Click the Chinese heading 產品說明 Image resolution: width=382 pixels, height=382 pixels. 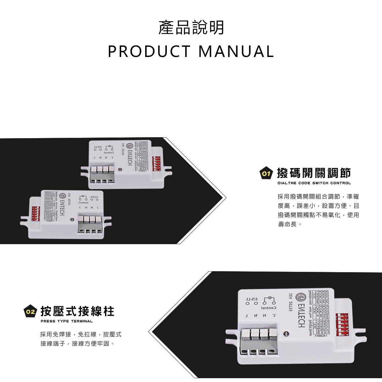click(191, 28)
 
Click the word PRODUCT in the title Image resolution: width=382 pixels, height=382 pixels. click(149, 52)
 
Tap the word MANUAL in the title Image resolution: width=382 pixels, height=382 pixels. click(236, 52)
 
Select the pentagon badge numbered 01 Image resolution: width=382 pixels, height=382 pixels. click(266, 173)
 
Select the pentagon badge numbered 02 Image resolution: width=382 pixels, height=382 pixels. click(31, 312)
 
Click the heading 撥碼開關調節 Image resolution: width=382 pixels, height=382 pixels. click(314, 173)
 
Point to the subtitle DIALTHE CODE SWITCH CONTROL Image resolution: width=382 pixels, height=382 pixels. click(314, 183)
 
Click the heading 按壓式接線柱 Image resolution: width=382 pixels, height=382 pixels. click(77, 311)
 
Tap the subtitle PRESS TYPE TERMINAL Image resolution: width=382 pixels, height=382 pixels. click(67, 321)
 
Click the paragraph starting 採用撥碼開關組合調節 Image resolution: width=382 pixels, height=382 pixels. click(318, 210)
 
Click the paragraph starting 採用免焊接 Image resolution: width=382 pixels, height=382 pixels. click(81, 339)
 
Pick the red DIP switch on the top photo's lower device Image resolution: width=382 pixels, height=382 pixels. click(35, 214)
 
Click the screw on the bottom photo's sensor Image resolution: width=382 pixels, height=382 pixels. click(286, 334)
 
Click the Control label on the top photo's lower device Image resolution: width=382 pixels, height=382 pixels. click(83, 202)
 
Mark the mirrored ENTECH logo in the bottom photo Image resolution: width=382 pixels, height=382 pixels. click(300, 310)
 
